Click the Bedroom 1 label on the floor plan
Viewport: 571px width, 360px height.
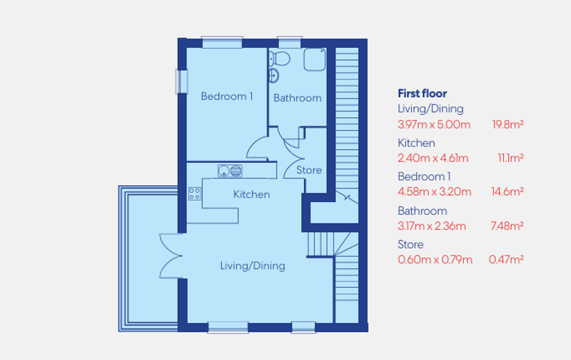click(227, 96)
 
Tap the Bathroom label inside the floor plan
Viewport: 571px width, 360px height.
click(298, 98)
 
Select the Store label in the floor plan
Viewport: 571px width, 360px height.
click(309, 170)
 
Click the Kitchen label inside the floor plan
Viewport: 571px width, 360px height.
click(251, 194)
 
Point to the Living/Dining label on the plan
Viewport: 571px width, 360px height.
click(252, 266)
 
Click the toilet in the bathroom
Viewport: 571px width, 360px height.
click(280, 57)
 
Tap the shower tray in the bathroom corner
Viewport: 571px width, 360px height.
click(315, 59)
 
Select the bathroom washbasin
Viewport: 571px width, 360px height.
click(274, 75)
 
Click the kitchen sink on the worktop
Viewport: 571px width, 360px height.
click(231, 171)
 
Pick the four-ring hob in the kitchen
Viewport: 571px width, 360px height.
click(194, 193)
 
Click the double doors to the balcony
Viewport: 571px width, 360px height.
click(171, 255)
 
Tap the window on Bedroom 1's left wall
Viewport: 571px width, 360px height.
click(181, 81)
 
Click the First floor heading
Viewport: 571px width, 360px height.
click(422, 94)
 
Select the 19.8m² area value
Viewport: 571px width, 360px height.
click(507, 124)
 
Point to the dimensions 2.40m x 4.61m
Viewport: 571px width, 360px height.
click(433, 158)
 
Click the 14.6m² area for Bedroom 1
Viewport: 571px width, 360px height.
click(507, 191)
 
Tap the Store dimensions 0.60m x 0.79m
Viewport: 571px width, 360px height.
click(435, 259)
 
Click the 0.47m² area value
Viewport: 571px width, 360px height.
click(506, 259)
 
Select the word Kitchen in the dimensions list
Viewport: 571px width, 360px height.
click(416, 143)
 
